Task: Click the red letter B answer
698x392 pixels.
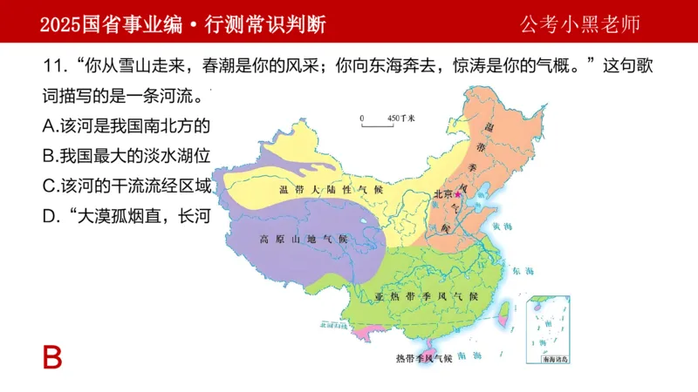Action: tap(53, 357)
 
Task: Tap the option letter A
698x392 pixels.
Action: tap(50, 125)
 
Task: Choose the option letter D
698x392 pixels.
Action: tap(50, 215)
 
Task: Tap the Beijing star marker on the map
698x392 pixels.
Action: tap(458, 194)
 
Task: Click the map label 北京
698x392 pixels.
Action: tap(442, 194)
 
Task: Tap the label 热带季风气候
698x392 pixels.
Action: tap(424, 358)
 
